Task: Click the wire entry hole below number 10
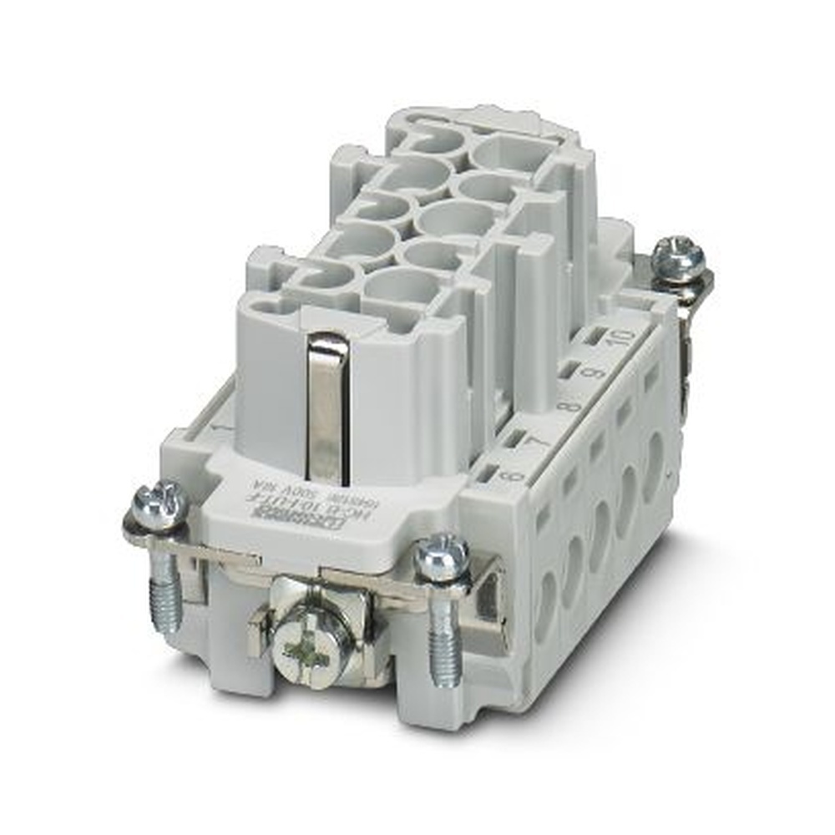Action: pyautogui.click(x=653, y=456)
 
